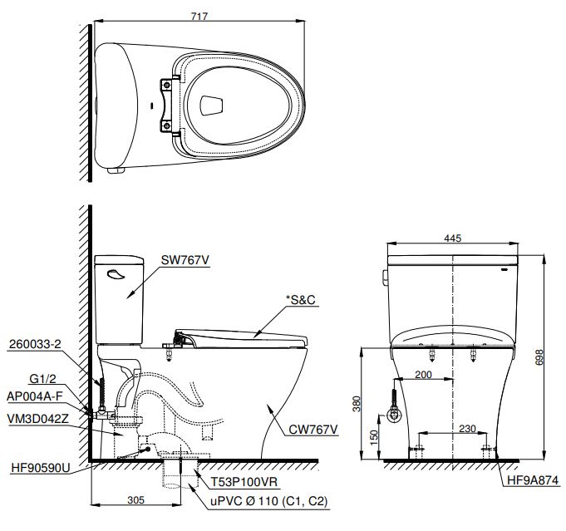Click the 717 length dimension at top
point(198,15)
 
